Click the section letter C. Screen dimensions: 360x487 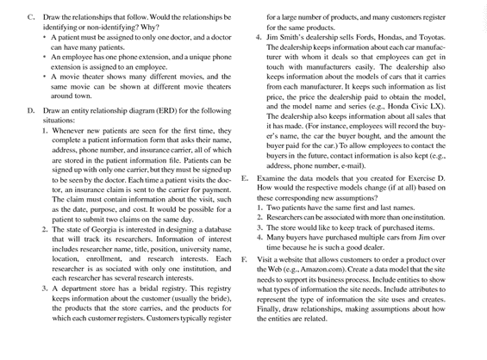pos(30,17)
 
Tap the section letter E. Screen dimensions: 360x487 pos(246,179)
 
